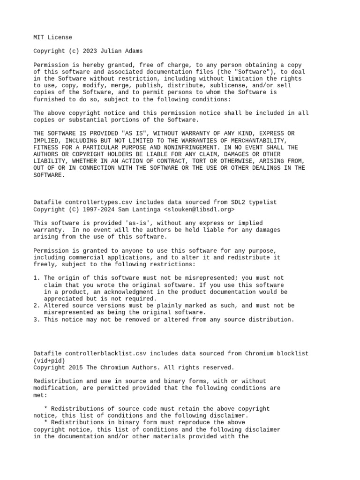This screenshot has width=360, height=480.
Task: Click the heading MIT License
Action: point(52,37)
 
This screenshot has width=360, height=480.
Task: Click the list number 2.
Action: point(36,306)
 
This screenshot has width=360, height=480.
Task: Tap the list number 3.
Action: point(36,320)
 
